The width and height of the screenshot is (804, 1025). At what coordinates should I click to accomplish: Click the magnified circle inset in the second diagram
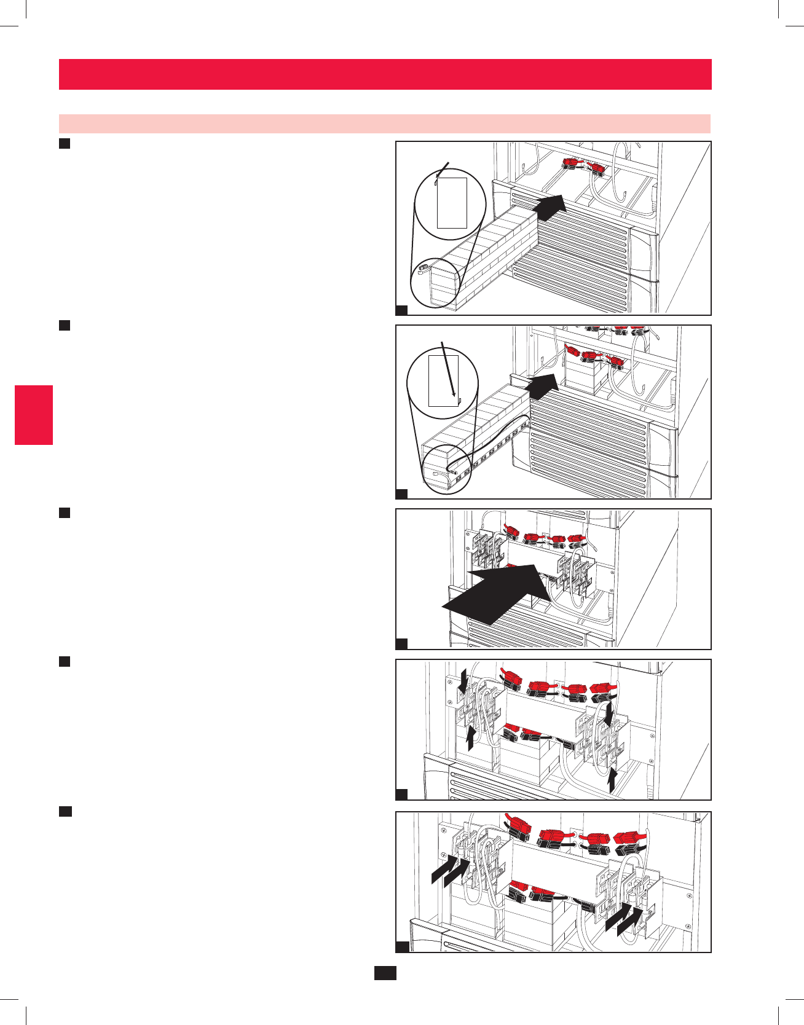[x=443, y=380]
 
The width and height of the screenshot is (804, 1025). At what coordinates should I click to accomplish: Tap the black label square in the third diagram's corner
[x=401, y=643]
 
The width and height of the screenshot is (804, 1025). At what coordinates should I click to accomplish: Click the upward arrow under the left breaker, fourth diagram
[x=470, y=737]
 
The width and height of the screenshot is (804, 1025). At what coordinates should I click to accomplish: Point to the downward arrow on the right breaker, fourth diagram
[x=609, y=713]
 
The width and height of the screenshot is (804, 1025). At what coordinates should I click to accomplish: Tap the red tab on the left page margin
[x=34, y=415]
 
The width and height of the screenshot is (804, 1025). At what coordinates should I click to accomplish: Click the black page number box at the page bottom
[x=385, y=973]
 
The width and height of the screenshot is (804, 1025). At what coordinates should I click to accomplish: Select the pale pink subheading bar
[x=385, y=124]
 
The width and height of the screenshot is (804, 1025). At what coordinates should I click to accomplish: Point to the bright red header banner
[x=385, y=74]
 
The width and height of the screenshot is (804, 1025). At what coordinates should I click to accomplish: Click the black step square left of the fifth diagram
[x=65, y=811]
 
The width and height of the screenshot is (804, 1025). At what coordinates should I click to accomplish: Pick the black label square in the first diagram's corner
[x=401, y=310]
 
